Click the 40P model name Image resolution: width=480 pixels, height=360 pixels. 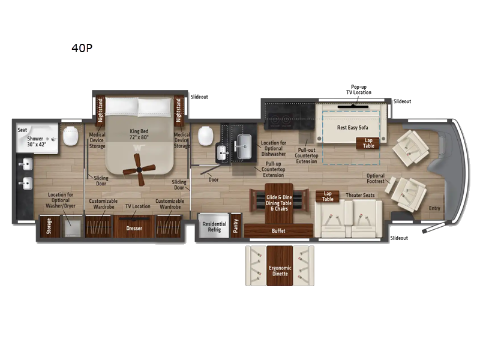[x=82, y=48]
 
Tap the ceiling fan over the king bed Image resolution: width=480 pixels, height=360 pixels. [x=139, y=169]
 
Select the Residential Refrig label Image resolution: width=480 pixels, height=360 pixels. [x=214, y=227]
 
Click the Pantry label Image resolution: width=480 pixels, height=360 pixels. [x=236, y=226]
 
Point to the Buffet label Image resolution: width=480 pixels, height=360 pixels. [x=278, y=231]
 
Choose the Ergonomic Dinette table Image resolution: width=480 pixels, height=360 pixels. [x=280, y=266]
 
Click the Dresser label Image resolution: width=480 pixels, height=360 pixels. [x=134, y=229]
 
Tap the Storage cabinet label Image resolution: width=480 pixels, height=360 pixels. [x=49, y=226]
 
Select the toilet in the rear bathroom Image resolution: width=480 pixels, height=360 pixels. [x=71, y=136]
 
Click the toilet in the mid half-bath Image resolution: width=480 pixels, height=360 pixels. [x=205, y=136]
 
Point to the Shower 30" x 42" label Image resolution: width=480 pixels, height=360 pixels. [x=36, y=142]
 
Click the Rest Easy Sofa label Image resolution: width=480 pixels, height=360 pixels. [x=352, y=128]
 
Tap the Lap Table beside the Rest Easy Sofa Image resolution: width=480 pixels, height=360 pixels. [x=368, y=143]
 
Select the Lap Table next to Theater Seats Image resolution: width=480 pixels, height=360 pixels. [x=327, y=197]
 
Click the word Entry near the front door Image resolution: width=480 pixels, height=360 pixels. [x=434, y=208]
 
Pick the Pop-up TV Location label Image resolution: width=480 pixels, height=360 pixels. [x=358, y=89]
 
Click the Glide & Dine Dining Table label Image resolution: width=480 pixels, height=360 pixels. [x=279, y=203]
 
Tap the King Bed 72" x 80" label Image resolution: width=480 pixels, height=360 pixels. [x=139, y=134]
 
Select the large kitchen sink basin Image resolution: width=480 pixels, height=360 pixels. [x=244, y=146]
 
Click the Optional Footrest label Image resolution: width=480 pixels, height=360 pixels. [x=376, y=178]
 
